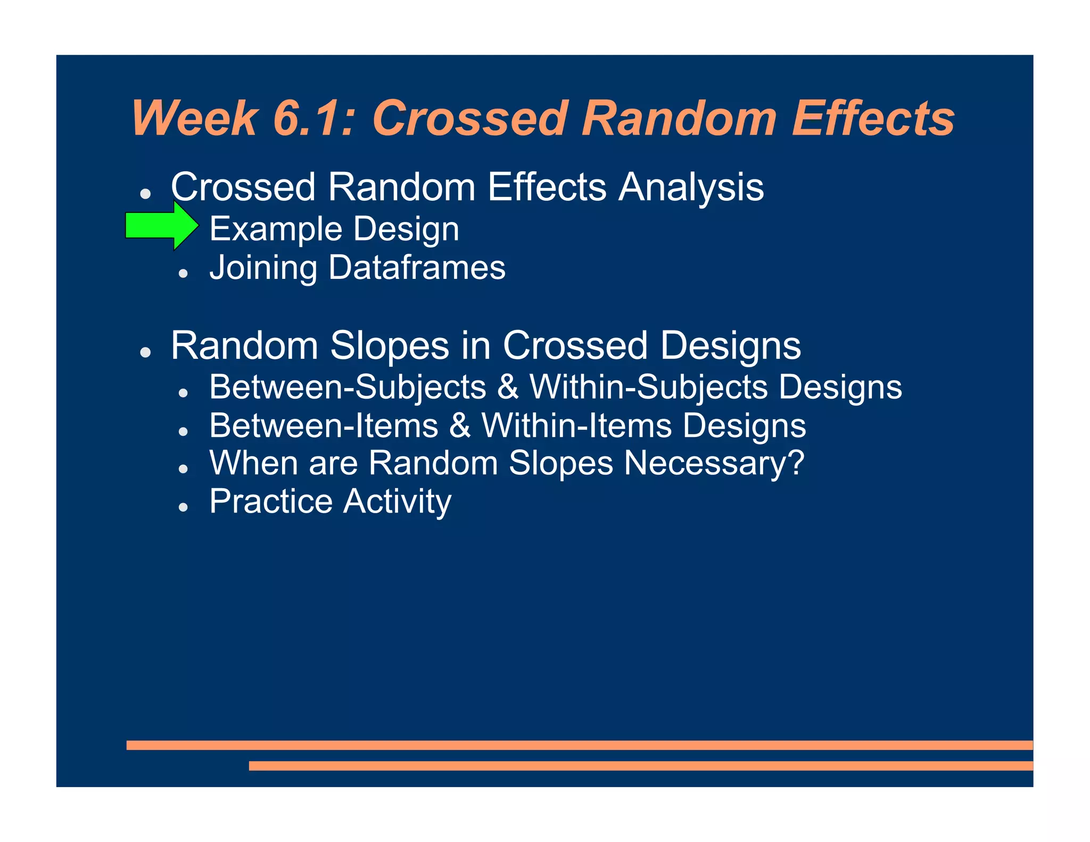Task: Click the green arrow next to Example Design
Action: point(162,226)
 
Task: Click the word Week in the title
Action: point(195,118)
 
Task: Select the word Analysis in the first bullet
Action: point(691,188)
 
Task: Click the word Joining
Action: point(263,268)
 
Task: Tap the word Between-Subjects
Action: point(348,387)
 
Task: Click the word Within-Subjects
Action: point(649,387)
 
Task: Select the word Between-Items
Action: point(324,426)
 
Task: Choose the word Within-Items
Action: point(577,426)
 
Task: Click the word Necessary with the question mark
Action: point(714,463)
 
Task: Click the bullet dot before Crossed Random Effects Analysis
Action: point(145,193)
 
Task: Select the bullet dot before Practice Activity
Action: point(184,507)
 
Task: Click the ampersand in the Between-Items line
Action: point(460,426)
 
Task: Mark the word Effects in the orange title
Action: point(873,118)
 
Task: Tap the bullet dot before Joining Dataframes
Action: point(184,273)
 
